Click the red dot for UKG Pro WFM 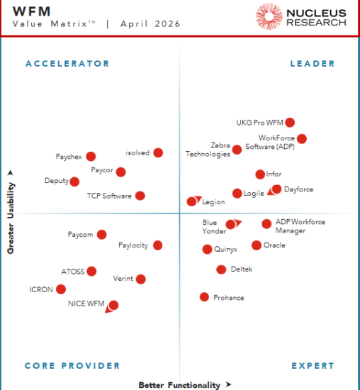[x=290, y=123]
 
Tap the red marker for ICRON [x=61, y=289]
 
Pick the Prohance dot [x=204, y=297]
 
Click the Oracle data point [x=256, y=245]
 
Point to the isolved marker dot [x=158, y=152]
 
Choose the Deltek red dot [x=221, y=269]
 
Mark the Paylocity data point [x=157, y=245]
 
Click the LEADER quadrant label [x=313, y=64]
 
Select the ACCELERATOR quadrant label [x=67, y=64]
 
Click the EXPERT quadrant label [x=313, y=366]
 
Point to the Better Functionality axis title [x=179, y=385]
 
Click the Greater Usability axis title [x=11, y=211]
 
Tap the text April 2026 [x=150, y=24]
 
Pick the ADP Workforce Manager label [x=300, y=226]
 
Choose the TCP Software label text [x=109, y=196]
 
